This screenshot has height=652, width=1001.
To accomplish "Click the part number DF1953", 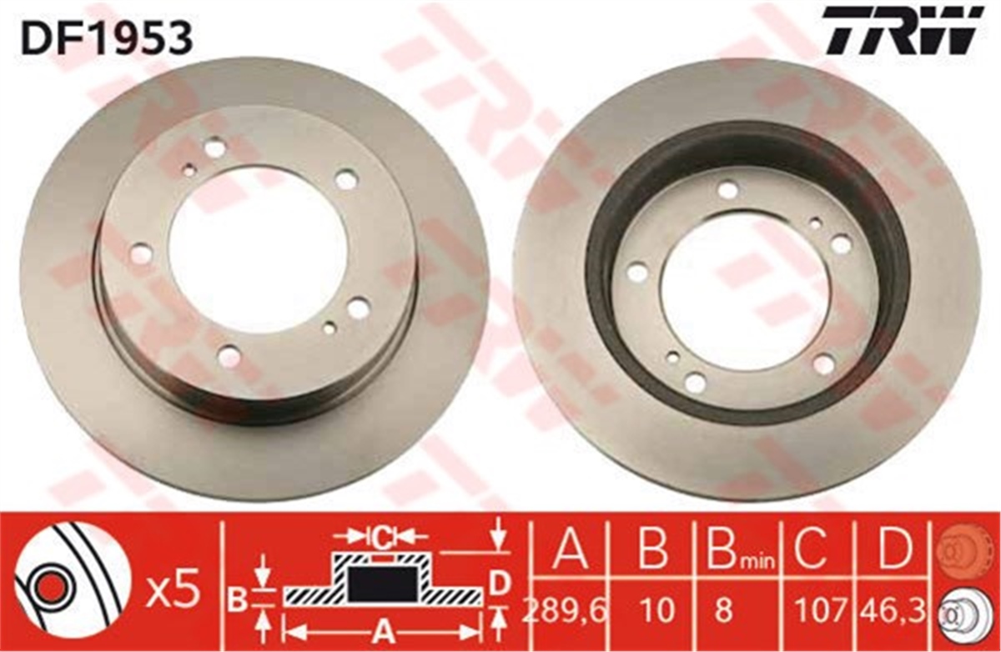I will click(108, 37).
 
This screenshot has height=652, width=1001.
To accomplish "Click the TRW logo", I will click(902, 31).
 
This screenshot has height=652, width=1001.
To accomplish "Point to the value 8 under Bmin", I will click(722, 613).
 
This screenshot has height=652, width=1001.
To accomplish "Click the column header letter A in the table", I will click(571, 551).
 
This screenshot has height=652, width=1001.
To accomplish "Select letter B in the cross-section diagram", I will click(237, 597).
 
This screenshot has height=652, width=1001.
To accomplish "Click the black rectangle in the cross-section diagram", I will click(380, 583).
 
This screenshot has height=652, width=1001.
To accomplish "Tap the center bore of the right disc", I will click(744, 288).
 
